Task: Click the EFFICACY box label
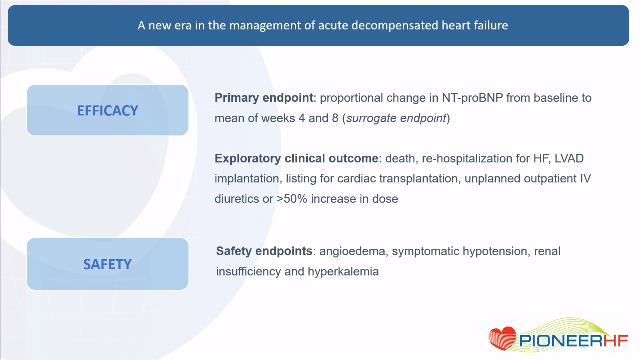click(x=107, y=111)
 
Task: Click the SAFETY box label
click(x=107, y=264)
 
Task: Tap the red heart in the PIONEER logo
click(x=502, y=338)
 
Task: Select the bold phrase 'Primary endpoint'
click(x=264, y=98)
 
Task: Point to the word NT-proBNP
click(x=472, y=98)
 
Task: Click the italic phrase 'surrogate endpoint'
click(x=396, y=118)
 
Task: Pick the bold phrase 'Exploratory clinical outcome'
click(x=296, y=158)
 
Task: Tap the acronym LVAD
click(x=569, y=158)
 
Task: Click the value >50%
click(x=292, y=199)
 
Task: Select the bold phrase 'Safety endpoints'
click(x=264, y=251)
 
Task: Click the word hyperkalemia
click(x=343, y=271)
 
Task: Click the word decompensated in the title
click(x=394, y=25)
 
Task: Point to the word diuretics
click(x=237, y=199)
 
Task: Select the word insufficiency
click(x=248, y=271)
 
